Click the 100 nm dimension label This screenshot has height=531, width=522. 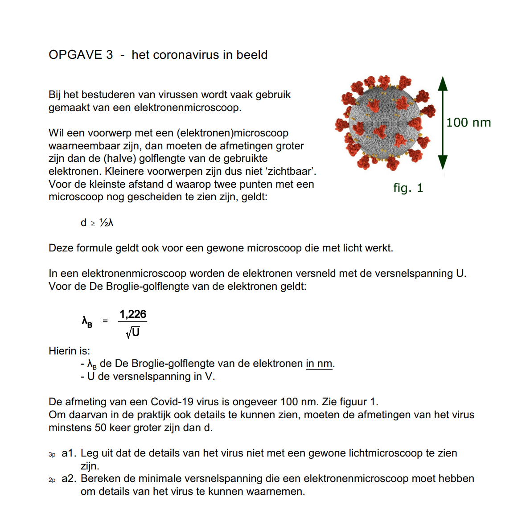click(x=468, y=123)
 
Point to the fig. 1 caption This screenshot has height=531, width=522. click(x=408, y=188)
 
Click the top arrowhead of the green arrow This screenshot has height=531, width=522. click(x=442, y=84)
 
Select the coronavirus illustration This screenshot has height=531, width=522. click(x=385, y=123)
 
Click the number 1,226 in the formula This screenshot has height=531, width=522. click(x=133, y=314)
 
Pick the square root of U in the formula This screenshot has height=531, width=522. click(x=133, y=332)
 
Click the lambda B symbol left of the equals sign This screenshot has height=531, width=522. click(x=87, y=321)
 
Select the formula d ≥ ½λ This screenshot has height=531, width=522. click(x=97, y=222)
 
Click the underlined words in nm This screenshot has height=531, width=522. click(x=319, y=364)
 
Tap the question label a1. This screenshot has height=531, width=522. click(x=69, y=453)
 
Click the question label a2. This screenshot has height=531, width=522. click(x=69, y=478)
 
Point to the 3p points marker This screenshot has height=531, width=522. click(x=52, y=454)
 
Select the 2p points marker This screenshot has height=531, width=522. click(x=52, y=480)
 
